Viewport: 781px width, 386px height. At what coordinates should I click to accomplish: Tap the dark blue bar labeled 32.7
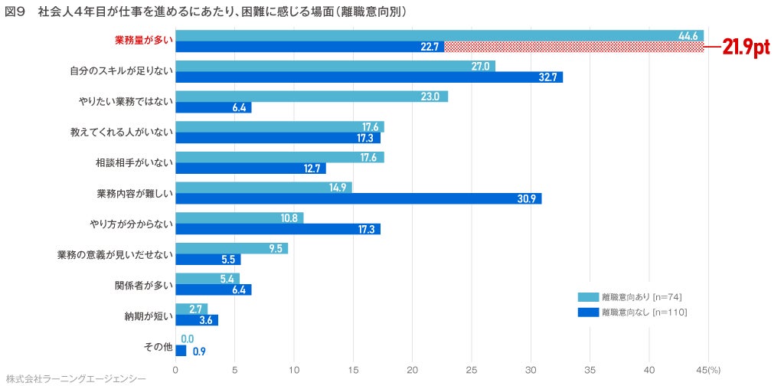(x=369, y=77)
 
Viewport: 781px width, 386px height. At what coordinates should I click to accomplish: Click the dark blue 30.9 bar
(x=358, y=198)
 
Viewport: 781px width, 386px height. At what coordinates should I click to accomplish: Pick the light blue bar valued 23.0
(x=312, y=96)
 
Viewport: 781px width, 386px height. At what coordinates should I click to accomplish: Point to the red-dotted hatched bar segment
(x=573, y=47)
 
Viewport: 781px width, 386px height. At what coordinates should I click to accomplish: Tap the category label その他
(x=158, y=345)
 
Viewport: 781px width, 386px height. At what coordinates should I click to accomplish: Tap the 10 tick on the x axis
(x=294, y=370)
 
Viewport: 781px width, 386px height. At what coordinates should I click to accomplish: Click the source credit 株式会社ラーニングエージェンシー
(x=75, y=379)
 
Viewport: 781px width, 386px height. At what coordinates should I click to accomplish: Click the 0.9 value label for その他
(x=198, y=352)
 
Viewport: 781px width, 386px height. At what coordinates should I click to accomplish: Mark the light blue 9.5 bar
(x=231, y=248)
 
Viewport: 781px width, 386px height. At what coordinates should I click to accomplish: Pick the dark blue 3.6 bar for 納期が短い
(x=197, y=320)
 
